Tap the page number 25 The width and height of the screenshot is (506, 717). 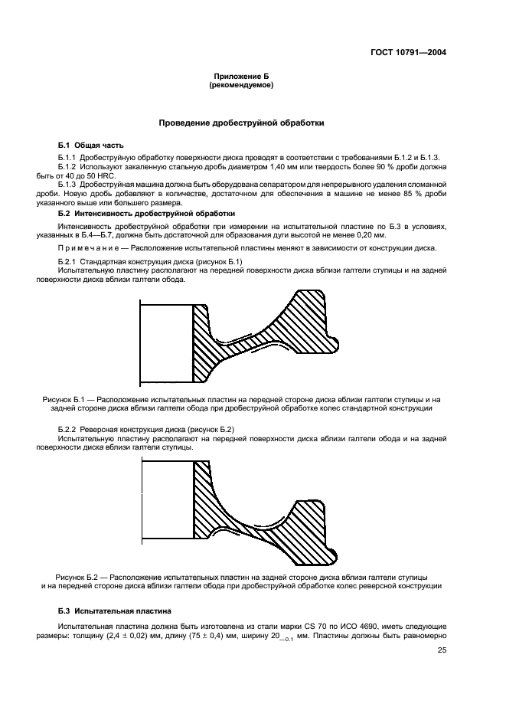click(x=442, y=650)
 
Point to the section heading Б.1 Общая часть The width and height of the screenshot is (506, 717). click(x=90, y=145)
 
